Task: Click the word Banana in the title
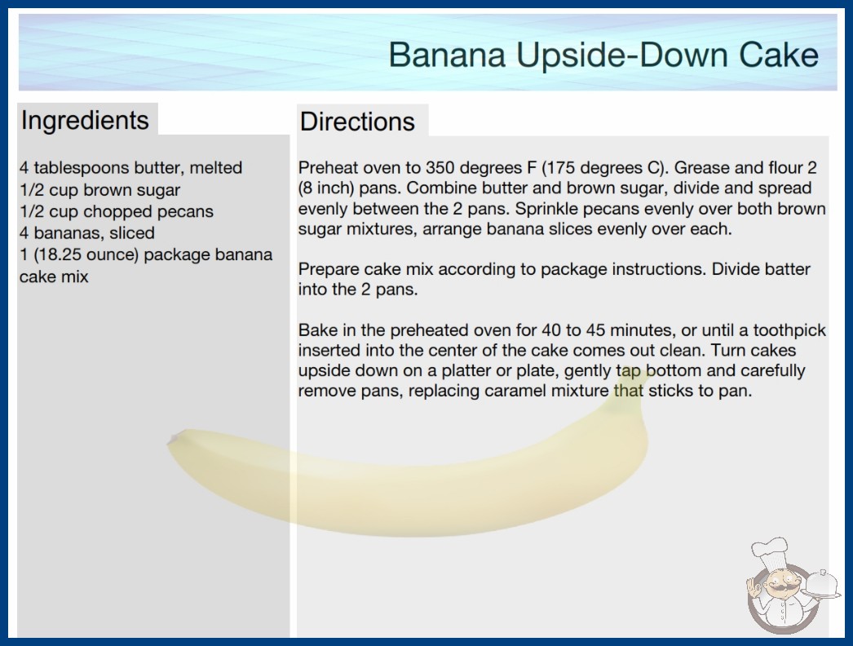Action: coord(447,55)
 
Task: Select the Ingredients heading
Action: coord(85,121)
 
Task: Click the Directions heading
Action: coord(357,122)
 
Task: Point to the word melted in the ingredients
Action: coord(216,168)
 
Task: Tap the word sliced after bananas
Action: coord(131,233)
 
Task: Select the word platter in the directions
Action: coord(467,370)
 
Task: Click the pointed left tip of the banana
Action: coord(169,442)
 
